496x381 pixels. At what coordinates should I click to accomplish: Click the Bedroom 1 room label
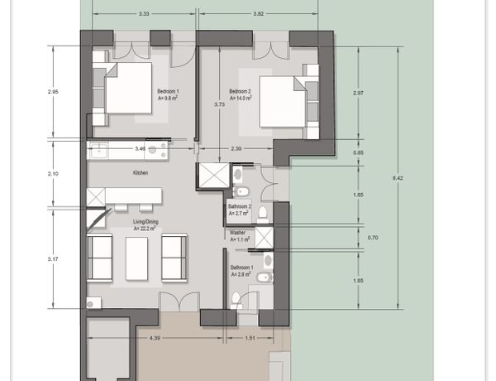168,91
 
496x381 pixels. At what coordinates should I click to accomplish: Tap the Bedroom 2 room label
240,91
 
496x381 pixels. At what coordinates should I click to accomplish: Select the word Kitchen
141,173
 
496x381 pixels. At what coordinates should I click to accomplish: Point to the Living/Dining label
145,222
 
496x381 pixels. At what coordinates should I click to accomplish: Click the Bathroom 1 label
241,268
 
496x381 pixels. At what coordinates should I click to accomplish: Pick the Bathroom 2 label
240,206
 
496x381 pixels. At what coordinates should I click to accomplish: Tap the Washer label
237,233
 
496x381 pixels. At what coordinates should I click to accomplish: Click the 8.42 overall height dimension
398,178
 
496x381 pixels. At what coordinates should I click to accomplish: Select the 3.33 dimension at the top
144,14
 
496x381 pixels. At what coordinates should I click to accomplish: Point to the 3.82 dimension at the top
259,14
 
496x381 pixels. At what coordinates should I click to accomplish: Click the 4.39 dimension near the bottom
155,338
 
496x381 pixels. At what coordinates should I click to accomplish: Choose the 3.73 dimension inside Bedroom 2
219,104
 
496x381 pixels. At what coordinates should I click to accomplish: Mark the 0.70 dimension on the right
373,238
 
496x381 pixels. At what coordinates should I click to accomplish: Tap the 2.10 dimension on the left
53,174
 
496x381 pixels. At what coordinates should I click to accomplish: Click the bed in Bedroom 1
128,88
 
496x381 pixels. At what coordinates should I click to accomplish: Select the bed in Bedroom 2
283,101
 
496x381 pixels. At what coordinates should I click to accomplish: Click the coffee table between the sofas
136,258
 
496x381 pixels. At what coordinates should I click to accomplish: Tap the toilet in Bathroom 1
236,301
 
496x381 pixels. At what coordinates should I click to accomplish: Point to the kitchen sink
99,151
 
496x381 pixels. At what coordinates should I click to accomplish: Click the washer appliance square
264,238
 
